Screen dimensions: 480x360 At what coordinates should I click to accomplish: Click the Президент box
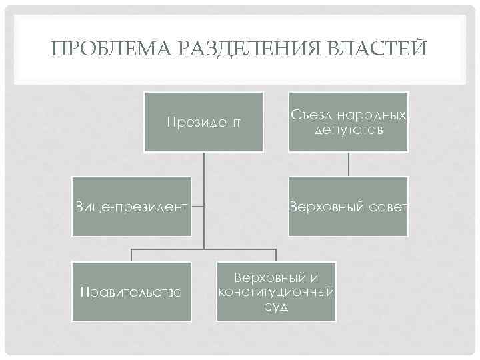click(203, 122)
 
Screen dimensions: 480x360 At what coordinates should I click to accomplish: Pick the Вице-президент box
click(131, 207)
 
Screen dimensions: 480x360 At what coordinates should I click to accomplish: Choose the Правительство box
click(131, 291)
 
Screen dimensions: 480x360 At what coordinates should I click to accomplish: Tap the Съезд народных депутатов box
click(348, 122)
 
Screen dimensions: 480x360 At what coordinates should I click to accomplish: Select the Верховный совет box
click(348, 207)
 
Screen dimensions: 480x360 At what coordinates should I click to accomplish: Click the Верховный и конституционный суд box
click(275, 291)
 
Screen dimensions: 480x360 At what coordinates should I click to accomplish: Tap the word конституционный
click(275, 291)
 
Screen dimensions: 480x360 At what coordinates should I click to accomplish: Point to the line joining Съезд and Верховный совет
click(348, 164)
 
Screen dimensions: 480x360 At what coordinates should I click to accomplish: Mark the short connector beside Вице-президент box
click(198, 207)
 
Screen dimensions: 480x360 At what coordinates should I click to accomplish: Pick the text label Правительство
click(131, 291)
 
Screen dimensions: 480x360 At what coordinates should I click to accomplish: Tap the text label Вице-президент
click(131, 207)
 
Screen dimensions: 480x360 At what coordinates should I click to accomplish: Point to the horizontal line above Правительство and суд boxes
click(203, 249)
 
